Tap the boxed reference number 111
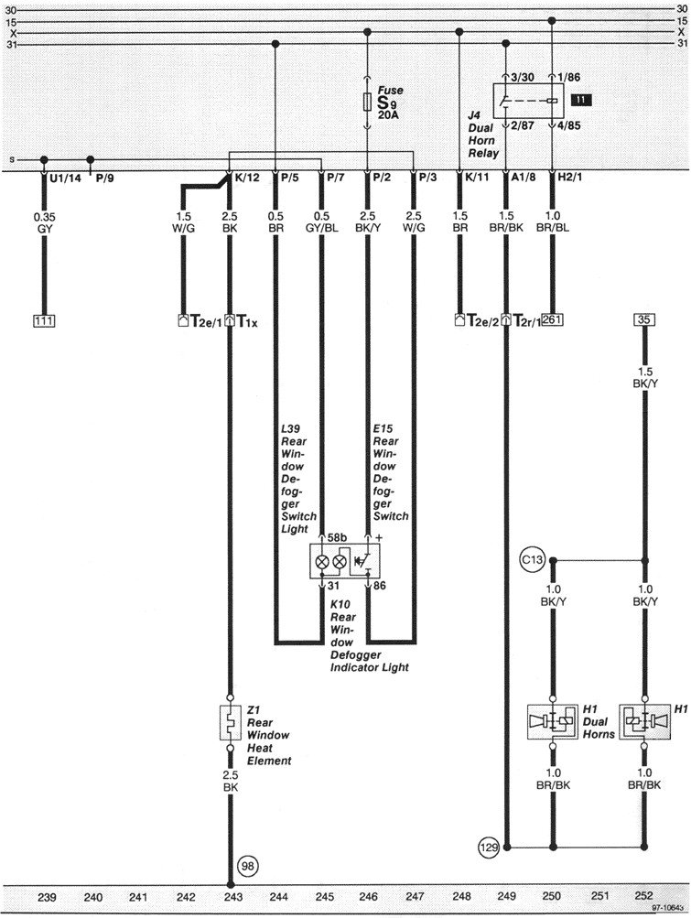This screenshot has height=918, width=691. click(43, 320)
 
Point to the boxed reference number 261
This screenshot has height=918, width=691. click(552, 320)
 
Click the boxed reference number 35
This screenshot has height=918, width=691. click(644, 320)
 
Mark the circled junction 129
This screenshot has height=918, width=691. click(488, 848)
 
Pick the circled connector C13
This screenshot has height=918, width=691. click(532, 557)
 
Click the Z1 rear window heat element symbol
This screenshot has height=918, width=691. click(230, 723)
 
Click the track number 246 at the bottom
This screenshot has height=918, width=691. click(366, 898)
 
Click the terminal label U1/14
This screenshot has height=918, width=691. click(66, 177)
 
